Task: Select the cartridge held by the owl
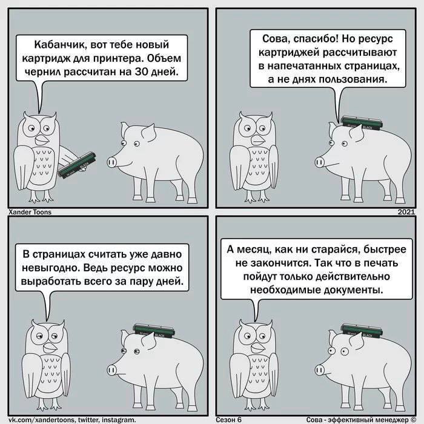coord(78,165)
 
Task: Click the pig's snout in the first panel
coord(111,162)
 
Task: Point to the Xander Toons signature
coord(30,212)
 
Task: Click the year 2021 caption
coord(406,212)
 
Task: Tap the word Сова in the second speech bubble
coord(275,39)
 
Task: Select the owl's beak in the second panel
coord(259,140)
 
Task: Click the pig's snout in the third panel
coord(111,369)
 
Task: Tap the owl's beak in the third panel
coord(50,347)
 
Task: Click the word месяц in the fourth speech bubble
coord(254,250)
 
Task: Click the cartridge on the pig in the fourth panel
coord(362,331)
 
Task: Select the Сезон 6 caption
coord(229,419)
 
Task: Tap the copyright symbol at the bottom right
coord(413,419)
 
